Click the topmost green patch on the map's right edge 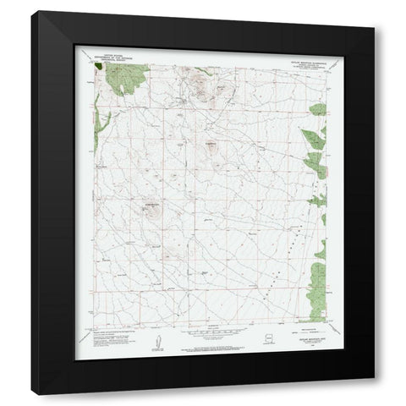[x=318, y=109]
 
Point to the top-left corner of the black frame [x=31, y=13]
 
